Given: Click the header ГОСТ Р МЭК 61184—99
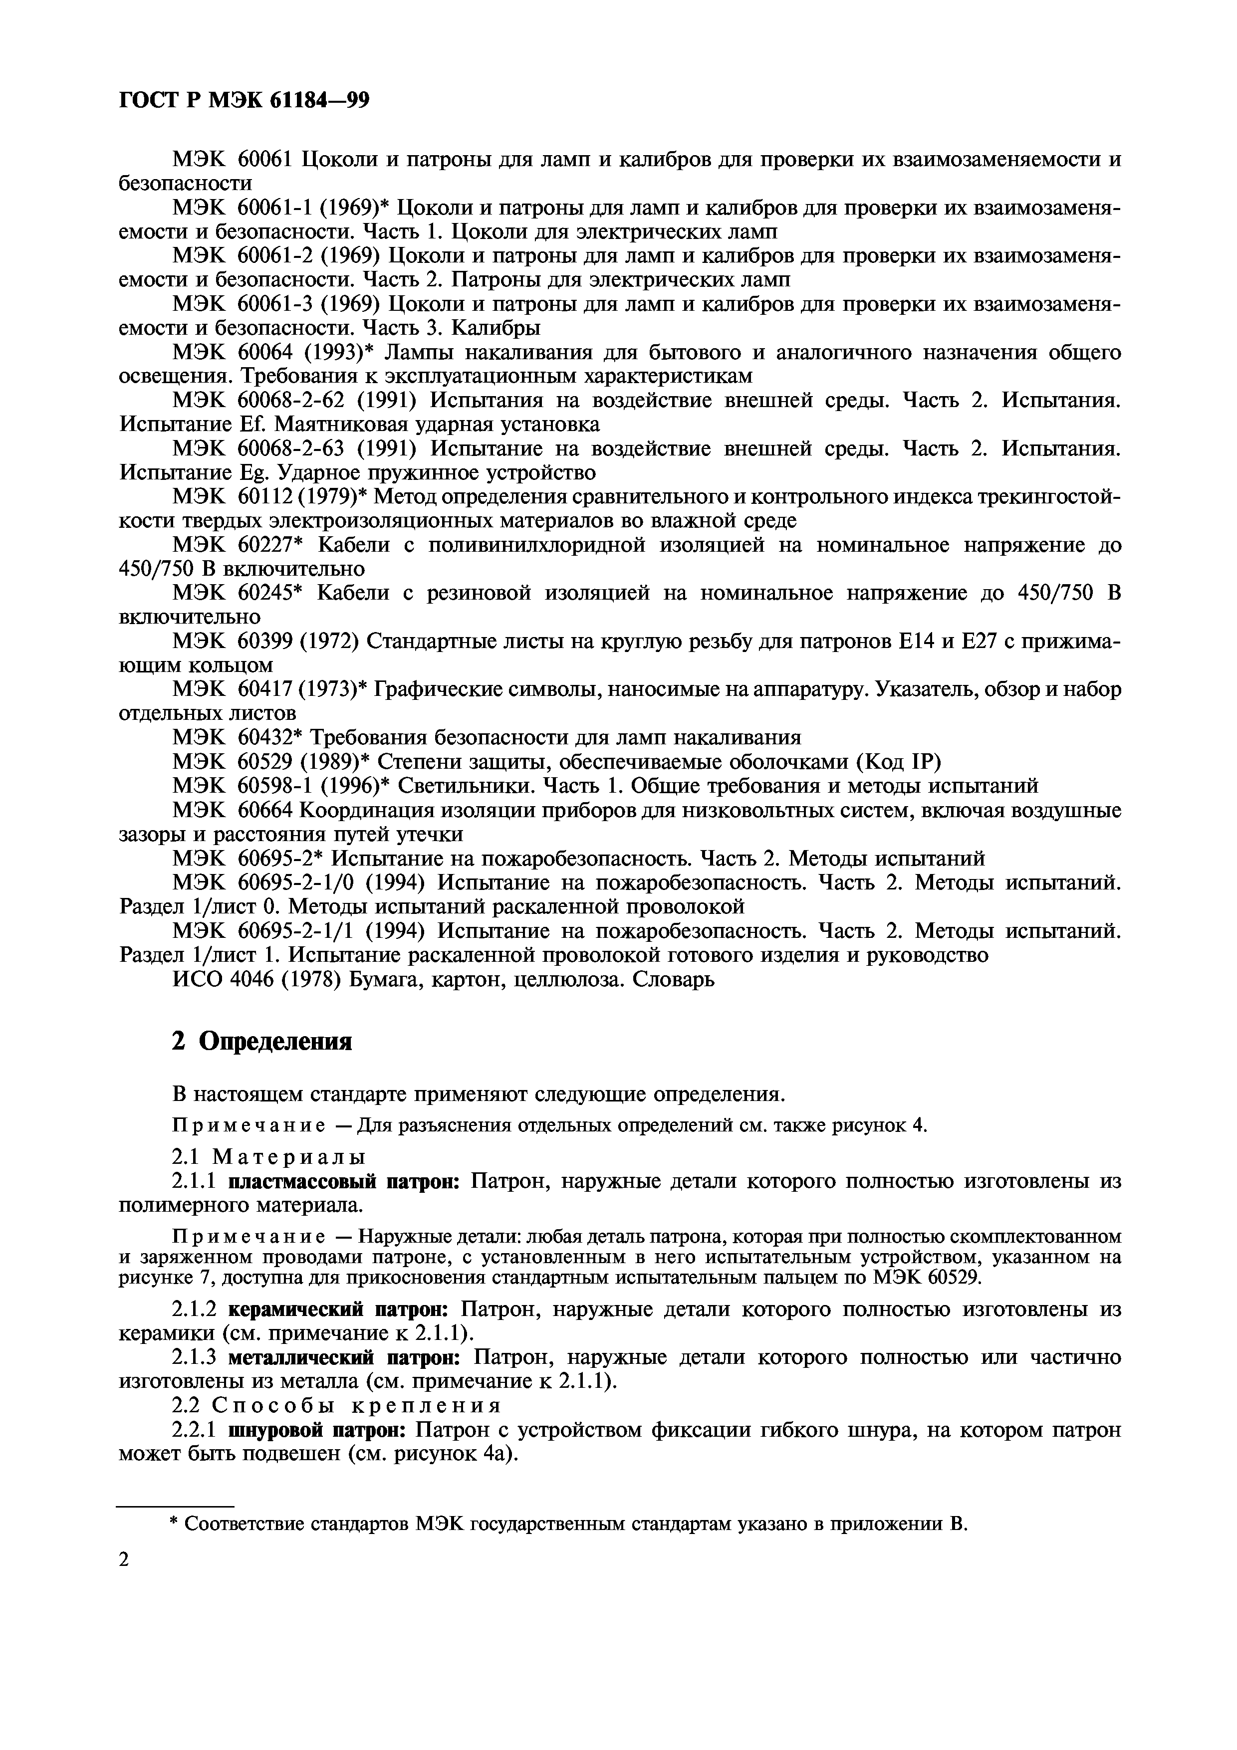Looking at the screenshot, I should [x=244, y=100].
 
